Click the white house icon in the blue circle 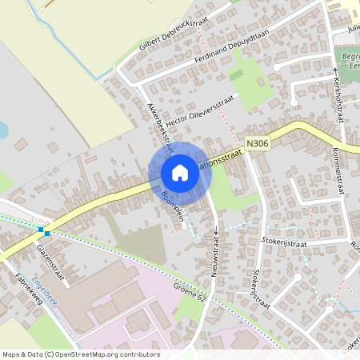click(180, 172)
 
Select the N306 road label click(256, 143)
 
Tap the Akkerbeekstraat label click(160, 124)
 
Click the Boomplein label click(174, 206)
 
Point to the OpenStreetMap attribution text click(80, 354)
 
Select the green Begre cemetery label click(349, 62)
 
